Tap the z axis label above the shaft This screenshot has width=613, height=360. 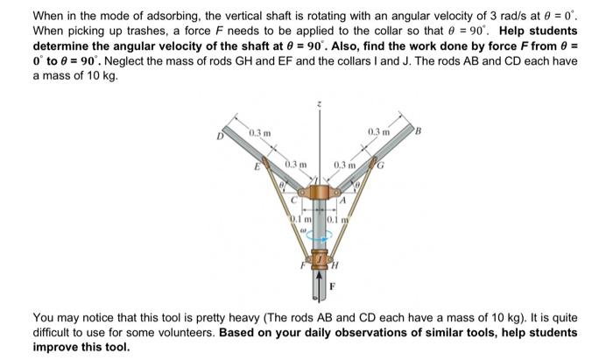coord(319,105)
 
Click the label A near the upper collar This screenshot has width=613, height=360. coord(344,201)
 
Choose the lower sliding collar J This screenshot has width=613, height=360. coord(320,261)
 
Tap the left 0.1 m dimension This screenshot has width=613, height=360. coord(301,218)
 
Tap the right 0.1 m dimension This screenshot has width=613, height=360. coord(336,218)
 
